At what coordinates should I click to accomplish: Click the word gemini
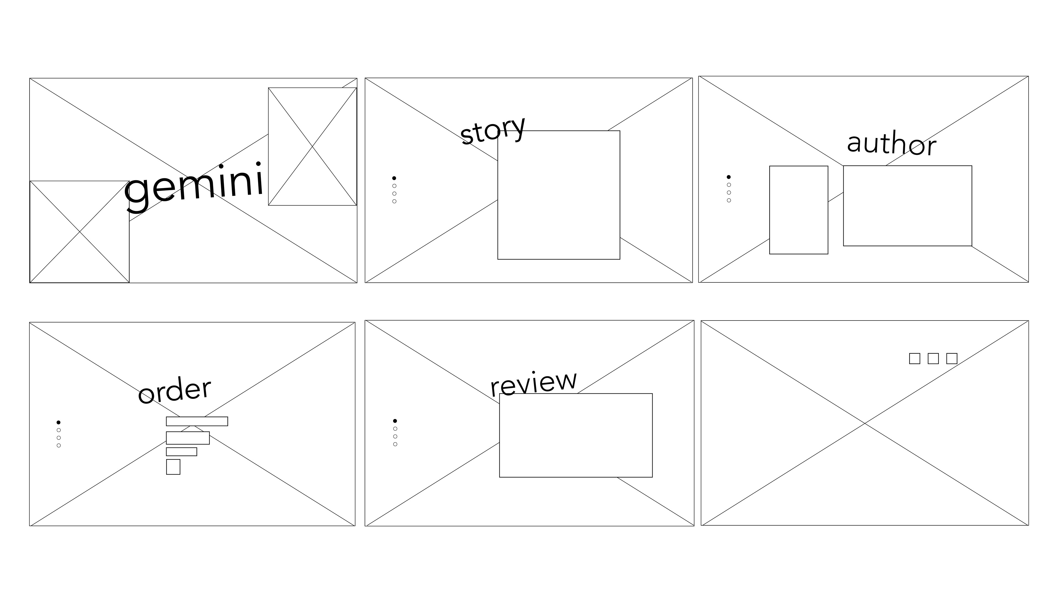tap(194, 186)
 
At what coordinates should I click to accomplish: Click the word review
tap(533, 383)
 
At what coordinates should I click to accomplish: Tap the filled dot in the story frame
tap(394, 178)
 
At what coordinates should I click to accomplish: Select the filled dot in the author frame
tap(729, 177)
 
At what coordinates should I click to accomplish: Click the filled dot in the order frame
tap(59, 422)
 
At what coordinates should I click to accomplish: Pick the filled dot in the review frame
tap(395, 420)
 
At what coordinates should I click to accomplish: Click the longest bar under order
tap(197, 421)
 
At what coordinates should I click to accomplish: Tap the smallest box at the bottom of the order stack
tap(173, 467)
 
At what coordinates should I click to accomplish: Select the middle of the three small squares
tap(933, 358)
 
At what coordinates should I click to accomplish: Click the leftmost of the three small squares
tap(914, 358)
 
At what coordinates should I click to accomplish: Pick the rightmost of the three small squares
tap(952, 358)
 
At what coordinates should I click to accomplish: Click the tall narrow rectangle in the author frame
tap(799, 210)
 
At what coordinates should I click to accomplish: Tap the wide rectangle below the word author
tap(907, 206)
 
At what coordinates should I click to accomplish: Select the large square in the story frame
tap(559, 195)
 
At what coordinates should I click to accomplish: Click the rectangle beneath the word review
tap(576, 435)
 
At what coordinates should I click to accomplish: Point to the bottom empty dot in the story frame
tap(394, 201)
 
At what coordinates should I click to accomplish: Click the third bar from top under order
tap(181, 451)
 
